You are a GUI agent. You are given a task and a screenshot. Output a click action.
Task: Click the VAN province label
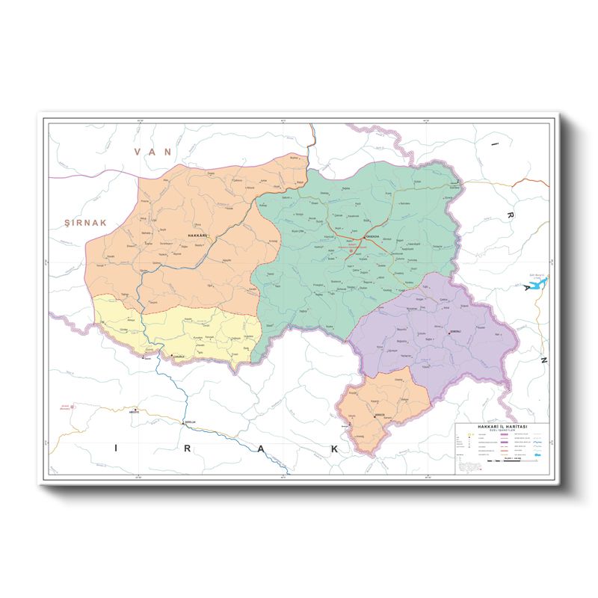[x=152, y=152]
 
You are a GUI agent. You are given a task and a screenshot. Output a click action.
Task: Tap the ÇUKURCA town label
[x=183, y=358]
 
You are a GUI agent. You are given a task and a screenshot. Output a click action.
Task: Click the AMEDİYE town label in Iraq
[x=135, y=413]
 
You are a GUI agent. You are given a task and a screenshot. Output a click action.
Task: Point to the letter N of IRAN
[x=544, y=360]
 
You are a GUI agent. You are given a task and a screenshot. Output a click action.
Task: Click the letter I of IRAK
[x=116, y=448]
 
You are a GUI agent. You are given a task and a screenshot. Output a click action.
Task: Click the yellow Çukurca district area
[x=187, y=329]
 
